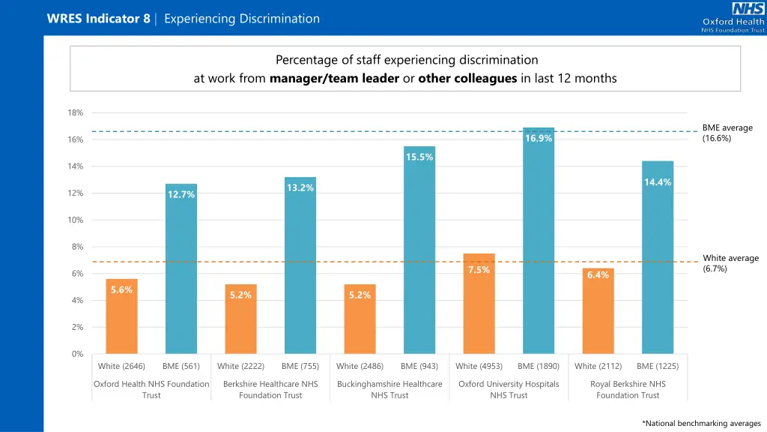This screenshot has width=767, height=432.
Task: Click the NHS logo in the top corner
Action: pos(748,9)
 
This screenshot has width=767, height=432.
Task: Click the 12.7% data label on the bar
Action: pos(181,195)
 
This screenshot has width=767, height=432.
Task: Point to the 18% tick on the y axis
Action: pos(76,112)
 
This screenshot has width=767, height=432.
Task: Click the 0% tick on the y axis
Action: pos(78,354)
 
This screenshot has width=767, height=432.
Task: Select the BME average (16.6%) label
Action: pos(727,133)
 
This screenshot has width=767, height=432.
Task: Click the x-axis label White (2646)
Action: pos(121,366)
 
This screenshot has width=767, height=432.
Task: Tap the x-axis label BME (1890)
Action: pos(539,366)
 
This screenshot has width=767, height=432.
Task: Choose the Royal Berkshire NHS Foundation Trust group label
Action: pos(628,389)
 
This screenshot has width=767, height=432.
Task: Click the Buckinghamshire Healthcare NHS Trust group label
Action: pos(389,389)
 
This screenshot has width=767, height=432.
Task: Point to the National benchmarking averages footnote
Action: pos(701,423)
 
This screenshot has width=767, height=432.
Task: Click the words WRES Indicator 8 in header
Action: pos(98,19)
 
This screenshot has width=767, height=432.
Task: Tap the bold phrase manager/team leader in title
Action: pos(333,79)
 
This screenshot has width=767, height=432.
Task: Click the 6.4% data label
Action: pos(598,275)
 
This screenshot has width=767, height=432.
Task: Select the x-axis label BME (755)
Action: pos(300,366)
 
